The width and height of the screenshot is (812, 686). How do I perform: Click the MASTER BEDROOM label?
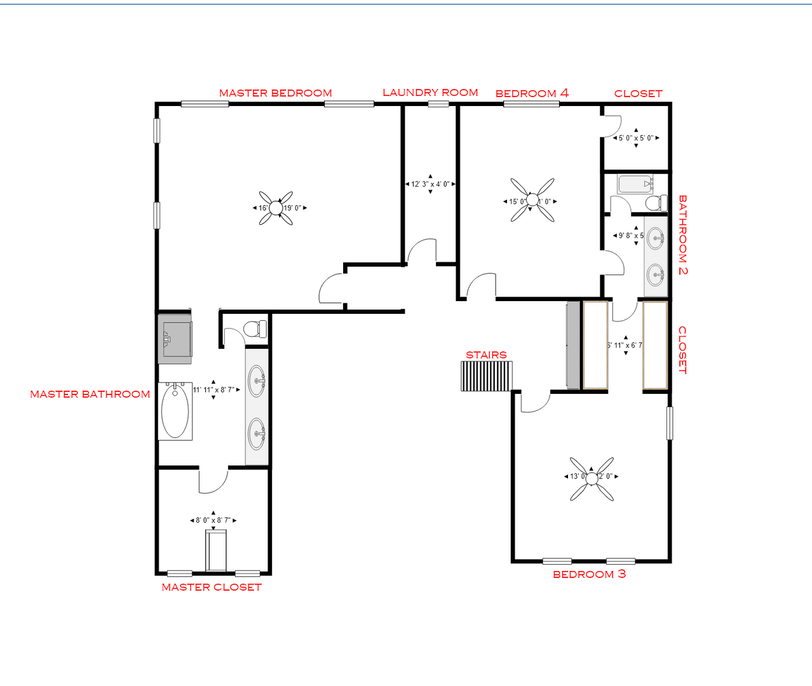click(275, 93)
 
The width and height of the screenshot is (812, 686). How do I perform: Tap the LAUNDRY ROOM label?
click(430, 93)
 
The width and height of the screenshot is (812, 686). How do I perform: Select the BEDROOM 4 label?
click(532, 93)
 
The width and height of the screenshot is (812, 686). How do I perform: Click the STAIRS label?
click(486, 355)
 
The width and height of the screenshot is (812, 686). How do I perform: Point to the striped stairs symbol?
click(486, 376)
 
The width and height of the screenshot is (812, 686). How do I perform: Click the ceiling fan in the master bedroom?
click(276, 208)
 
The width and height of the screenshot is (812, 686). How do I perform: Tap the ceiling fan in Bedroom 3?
click(592, 478)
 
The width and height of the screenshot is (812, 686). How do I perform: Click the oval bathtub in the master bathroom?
click(175, 411)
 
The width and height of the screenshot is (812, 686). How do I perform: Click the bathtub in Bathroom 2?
click(635, 185)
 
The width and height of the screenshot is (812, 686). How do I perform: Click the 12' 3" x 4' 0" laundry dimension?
click(430, 184)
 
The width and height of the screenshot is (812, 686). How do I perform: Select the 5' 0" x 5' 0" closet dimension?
click(636, 138)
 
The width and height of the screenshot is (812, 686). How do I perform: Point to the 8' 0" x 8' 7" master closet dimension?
click(213, 520)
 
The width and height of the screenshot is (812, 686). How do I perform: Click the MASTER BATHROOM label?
click(90, 394)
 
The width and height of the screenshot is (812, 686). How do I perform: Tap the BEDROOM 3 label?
click(589, 574)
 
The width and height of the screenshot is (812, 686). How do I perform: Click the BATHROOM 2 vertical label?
click(682, 234)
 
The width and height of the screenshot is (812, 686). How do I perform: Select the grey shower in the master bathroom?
click(175, 339)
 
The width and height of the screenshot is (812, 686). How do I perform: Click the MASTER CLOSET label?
click(212, 588)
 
